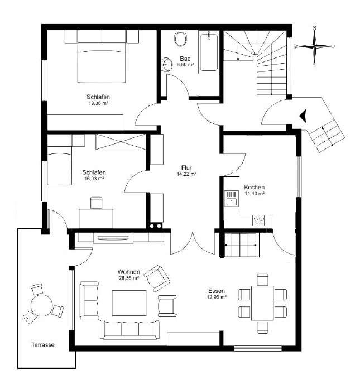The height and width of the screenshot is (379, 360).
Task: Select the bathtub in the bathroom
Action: point(209,51)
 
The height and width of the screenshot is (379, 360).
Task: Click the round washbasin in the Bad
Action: point(167,64)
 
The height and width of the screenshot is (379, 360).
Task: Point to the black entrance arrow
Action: point(303,115)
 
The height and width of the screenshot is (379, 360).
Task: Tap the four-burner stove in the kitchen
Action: point(259,220)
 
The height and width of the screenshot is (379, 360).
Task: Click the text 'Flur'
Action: point(186,167)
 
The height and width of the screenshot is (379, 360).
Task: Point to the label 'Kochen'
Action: point(254,187)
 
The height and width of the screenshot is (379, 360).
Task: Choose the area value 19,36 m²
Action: point(97,103)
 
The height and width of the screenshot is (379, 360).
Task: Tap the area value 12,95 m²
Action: point(217,298)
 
